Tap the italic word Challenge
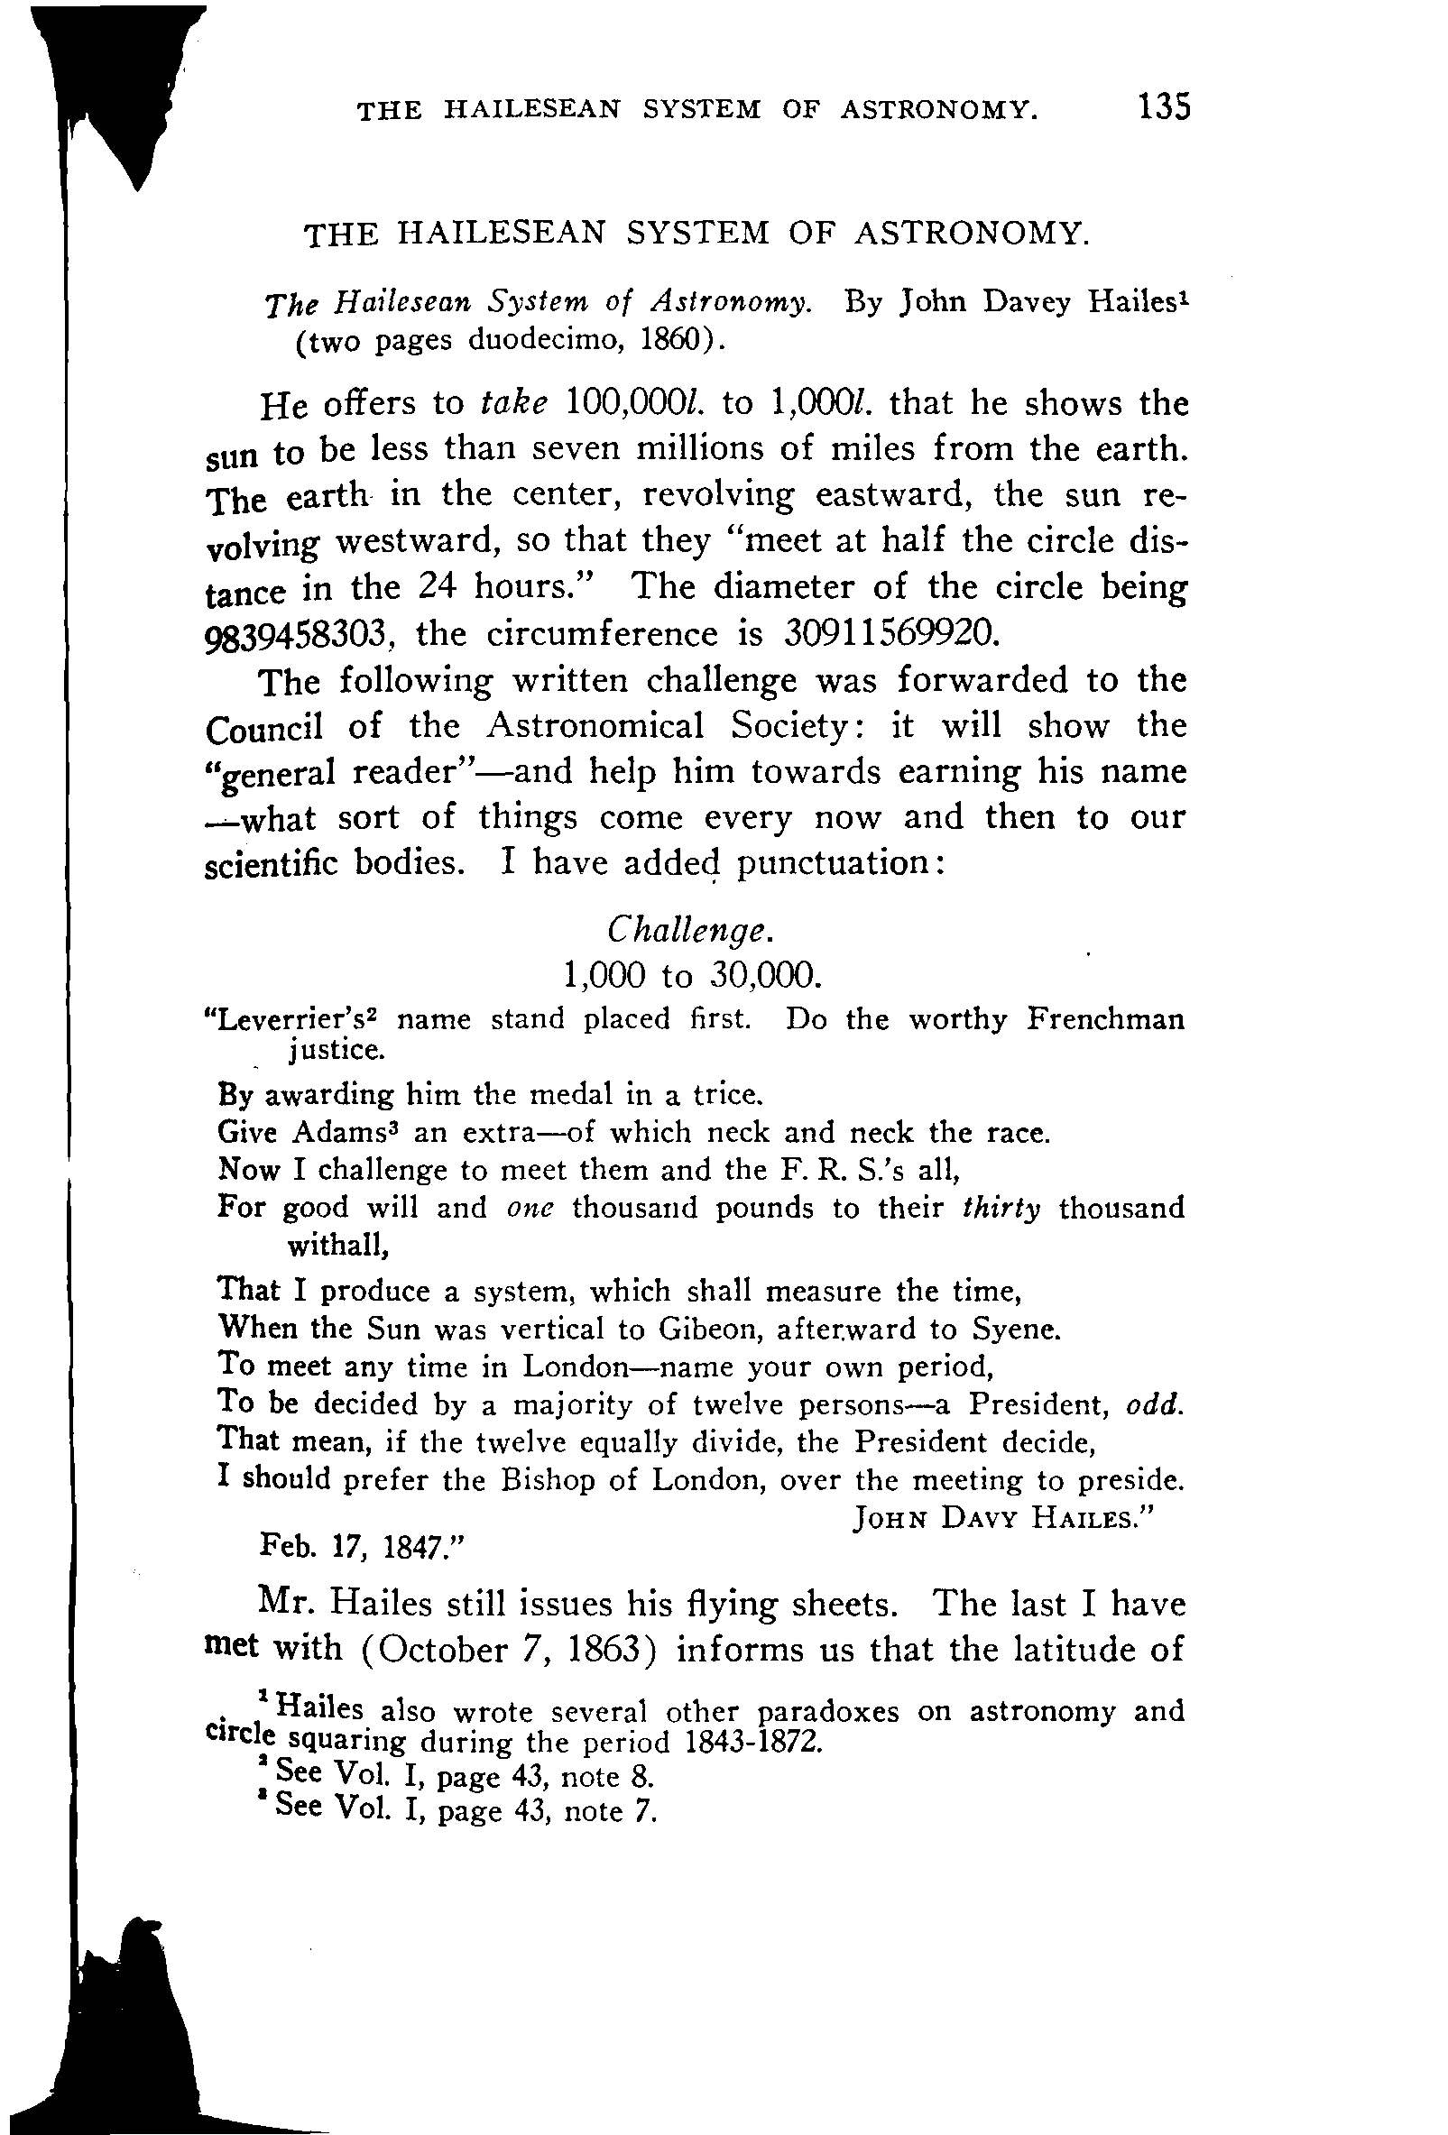(x=690, y=931)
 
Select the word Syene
(x=1015, y=1330)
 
